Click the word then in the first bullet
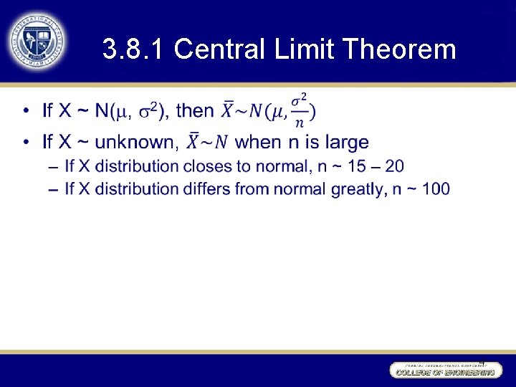(195, 111)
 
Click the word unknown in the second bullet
(135, 142)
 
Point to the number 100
(436, 189)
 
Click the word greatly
(354, 189)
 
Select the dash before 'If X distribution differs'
(52, 189)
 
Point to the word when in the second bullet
(259, 142)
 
